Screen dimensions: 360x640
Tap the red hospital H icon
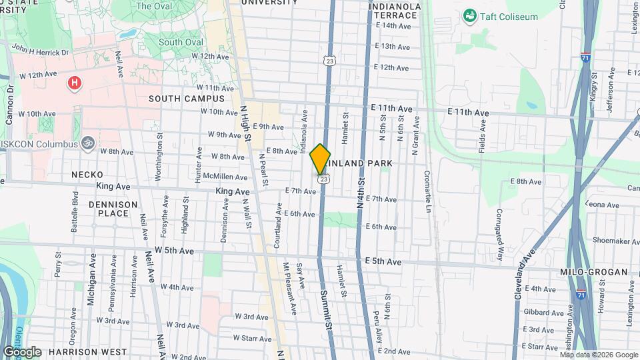[75, 83]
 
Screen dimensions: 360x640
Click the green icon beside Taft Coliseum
[470, 15]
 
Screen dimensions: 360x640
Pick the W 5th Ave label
[174, 251]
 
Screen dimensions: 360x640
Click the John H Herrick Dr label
[39, 50]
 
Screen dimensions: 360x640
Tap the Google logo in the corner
[22, 352]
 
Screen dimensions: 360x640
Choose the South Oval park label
[181, 42]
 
